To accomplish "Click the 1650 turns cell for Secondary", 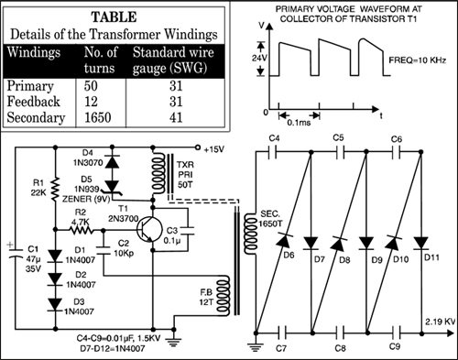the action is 97,117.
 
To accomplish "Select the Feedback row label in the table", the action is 33,102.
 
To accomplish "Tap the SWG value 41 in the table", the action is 176,117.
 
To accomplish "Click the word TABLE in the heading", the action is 114,17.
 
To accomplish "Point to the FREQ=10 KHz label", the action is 418,60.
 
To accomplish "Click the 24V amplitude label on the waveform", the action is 259,58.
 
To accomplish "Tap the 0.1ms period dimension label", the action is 299,123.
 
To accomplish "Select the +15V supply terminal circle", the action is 198,148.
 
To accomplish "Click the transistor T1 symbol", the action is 149,229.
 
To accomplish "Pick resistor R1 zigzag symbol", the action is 55,189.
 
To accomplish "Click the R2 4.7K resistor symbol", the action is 82,229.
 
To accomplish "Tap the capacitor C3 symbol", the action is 187,231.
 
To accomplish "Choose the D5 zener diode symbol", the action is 112,187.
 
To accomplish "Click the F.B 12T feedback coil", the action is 224,294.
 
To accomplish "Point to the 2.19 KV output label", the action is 441,322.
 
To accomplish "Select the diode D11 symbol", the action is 421,244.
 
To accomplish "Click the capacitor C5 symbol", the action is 341,152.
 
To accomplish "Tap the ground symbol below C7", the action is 256,346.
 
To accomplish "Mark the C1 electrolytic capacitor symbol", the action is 16,254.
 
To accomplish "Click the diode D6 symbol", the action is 283,240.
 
